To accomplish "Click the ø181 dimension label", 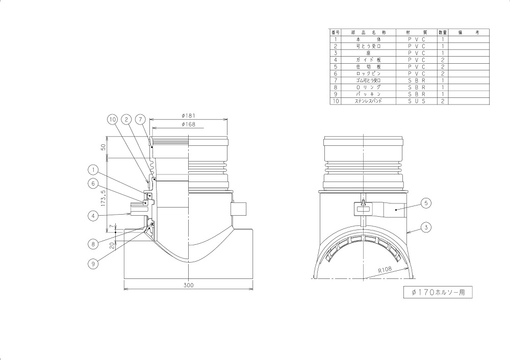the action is coord(189,116).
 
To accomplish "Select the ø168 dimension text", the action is coord(189,124).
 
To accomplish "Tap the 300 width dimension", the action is coord(188,285).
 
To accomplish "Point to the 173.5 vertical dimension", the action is coord(104,199).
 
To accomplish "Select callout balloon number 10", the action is coord(112,120).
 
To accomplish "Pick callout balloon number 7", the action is coord(140,120).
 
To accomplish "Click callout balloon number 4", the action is coord(93,216).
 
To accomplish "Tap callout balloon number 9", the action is coord(93,264).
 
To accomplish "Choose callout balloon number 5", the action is coord(426,203).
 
